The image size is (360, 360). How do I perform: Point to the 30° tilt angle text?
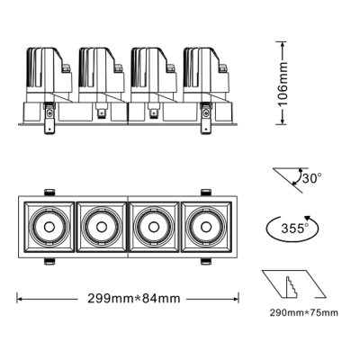coord(311,178)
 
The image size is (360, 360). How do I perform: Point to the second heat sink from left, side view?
coord(98,71)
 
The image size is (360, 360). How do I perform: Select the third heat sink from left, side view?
coord(150,71)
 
